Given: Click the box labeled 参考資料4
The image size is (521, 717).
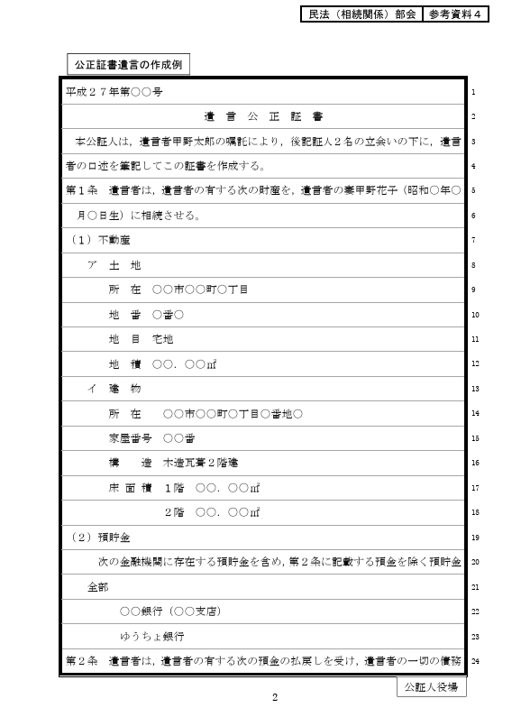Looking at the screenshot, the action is coord(457,15).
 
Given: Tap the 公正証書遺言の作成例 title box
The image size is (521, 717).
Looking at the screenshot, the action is coord(128,64).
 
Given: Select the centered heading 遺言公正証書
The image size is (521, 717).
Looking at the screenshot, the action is coord(263,116).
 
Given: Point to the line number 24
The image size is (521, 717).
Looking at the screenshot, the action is coord(474,660).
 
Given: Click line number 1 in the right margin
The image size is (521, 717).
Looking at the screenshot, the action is coord(474,93).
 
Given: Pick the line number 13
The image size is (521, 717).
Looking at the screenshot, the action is coord(474,389).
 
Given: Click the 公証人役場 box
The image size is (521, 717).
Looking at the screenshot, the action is coord(431,687).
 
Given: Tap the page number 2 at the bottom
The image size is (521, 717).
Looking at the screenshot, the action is coord(276,698).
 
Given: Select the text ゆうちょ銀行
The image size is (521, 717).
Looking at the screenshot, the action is coord(159,636).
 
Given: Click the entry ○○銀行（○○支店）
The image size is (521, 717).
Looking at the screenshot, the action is coord(170,611).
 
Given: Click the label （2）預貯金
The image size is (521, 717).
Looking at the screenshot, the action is coord(99,538).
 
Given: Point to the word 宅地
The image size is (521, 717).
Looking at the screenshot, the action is coord(162,339).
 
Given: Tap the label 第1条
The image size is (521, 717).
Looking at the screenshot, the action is coord(81,191).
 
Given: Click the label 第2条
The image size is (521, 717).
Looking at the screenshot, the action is coord(81,660).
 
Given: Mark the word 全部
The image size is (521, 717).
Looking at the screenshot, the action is coord(98,586).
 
